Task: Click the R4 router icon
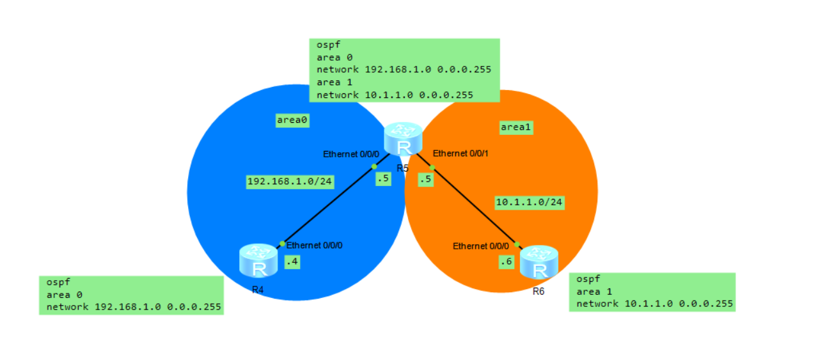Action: click(258, 261)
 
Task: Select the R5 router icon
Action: click(403, 139)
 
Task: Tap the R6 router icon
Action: click(539, 262)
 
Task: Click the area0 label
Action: click(292, 120)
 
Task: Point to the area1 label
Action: click(516, 128)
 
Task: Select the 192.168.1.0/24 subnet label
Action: click(290, 182)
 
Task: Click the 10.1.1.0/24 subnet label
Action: click(530, 203)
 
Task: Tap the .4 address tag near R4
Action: click(292, 262)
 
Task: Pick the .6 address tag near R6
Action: click(507, 262)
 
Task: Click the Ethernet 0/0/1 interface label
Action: click(460, 153)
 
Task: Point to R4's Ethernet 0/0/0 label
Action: click(314, 246)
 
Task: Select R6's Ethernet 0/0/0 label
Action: click(481, 246)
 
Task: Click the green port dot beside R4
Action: click(282, 244)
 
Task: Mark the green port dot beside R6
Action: click(517, 244)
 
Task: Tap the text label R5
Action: click(402, 169)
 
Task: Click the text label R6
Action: click(538, 292)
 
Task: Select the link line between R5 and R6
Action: click(469, 201)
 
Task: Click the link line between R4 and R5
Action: click(333, 201)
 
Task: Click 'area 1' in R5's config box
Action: click(334, 82)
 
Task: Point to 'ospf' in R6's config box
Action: click(588, 279)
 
